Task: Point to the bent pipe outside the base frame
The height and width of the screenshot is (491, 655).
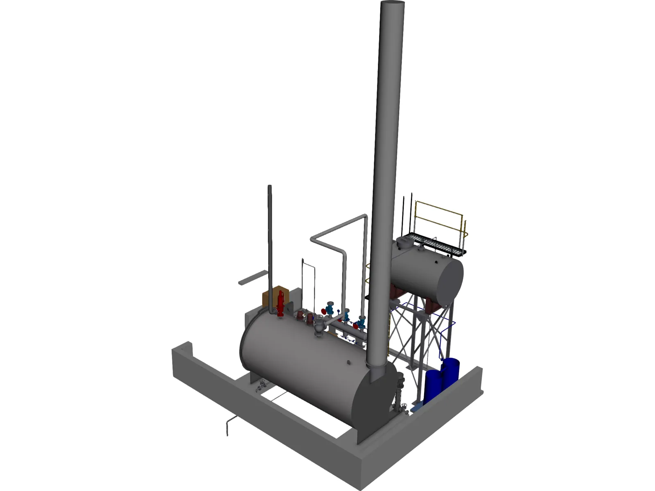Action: click(228, 426)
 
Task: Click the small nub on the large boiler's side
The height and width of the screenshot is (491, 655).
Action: click(348, 362)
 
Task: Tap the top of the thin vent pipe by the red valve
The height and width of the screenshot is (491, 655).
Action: click(270, 187)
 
